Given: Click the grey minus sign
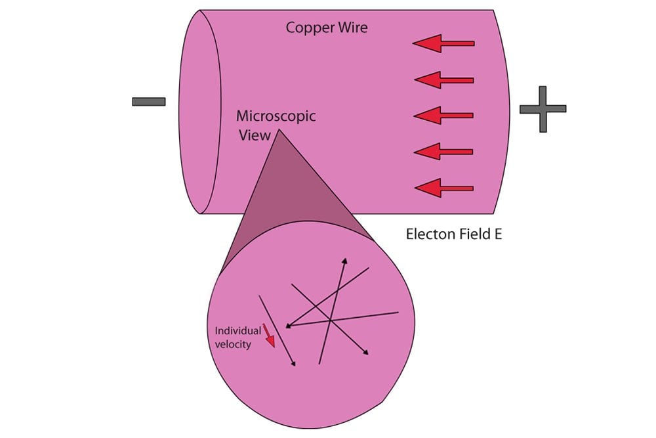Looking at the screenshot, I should (x=149, y=101).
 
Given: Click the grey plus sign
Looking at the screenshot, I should (x=543, y=109).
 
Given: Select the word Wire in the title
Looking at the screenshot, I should (x=352, y=28).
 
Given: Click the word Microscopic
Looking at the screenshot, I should (x=276, y=116).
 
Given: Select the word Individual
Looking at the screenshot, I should (x=234, y=331).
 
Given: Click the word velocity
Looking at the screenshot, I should (x=232, y=344).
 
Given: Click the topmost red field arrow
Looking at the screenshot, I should (x=443, y=43).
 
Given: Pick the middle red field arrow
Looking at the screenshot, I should (x=443, y=116).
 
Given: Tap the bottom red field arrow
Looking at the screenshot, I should (x=443, y=188).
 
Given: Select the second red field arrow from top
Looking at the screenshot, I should (x=443, y=80).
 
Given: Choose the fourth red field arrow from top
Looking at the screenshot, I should (x=443, y=152).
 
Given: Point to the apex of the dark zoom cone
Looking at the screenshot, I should (x=280, y=130).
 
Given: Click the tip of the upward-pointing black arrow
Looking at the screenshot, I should (x=344, y=258).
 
